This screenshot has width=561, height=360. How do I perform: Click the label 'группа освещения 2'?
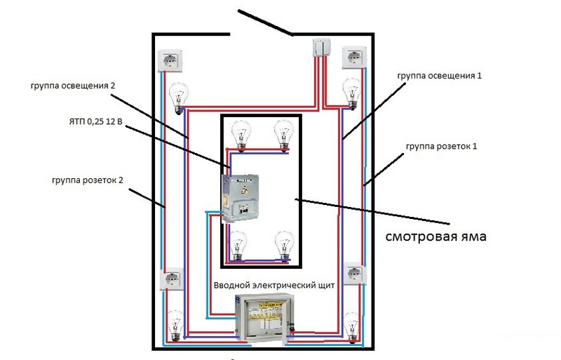click(72, 86)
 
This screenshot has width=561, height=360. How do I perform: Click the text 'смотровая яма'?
click(435, 236)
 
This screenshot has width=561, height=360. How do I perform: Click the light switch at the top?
click(322, 48)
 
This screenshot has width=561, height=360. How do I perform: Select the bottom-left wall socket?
click(172, 281)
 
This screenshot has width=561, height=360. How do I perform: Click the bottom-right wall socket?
click(354, 274)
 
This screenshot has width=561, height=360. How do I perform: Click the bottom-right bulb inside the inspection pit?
click(284, 245)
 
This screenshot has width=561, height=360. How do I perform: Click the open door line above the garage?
click(266, 23)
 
